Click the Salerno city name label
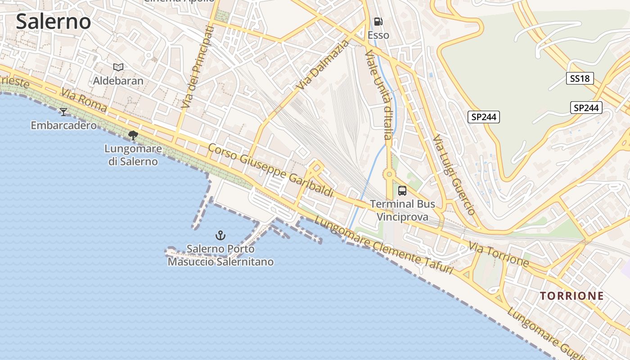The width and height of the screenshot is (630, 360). click(x=54, y=22)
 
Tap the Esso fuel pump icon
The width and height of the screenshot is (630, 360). click(x=378, y=22)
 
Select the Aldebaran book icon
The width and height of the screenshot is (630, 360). click(x=118, y=67)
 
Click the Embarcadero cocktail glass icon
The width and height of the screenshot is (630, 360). click(x=63, y=112)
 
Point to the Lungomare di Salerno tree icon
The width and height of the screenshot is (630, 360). click(x=133, y=135)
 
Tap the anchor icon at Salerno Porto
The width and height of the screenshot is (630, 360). click(x=220, y=235)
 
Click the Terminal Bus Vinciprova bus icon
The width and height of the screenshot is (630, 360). click(x=402, y=191)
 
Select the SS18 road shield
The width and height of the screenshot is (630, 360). click(x=580, y=79)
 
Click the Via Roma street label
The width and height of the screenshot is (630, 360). click(x=84, y=100)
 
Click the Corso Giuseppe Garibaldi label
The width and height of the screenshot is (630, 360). click(x=271, y=170)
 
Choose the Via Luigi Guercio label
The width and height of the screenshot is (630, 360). click(x=454, y=174)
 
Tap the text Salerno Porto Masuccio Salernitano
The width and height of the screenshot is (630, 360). click(x=220, y=255)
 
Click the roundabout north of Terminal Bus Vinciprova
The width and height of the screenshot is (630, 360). click(x=388, y=174)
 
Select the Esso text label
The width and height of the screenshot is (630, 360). click(x=378, y=35)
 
